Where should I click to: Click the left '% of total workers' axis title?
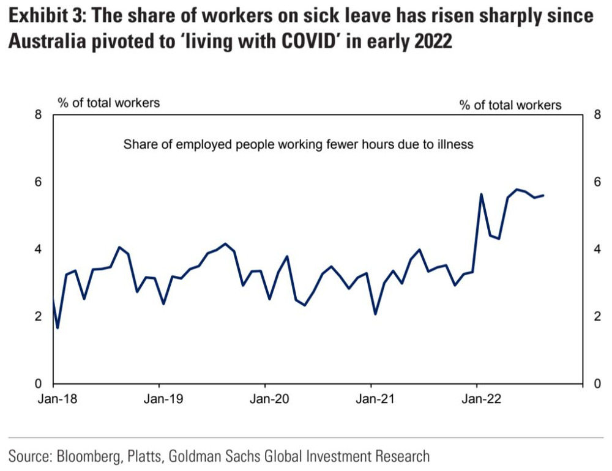pyautogui.click(x=109, y=103)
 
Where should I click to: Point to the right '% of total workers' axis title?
pyautogui.click(x=510, y=105)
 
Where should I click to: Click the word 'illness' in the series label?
pyautogui.click(x=458, y=145)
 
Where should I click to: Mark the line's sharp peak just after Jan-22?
pyautogui.click(x=482, y=195)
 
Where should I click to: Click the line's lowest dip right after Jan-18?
pyautogui.click(x=58, y=328)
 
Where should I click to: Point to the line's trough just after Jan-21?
pyautogui.click(x=375, y=314)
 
